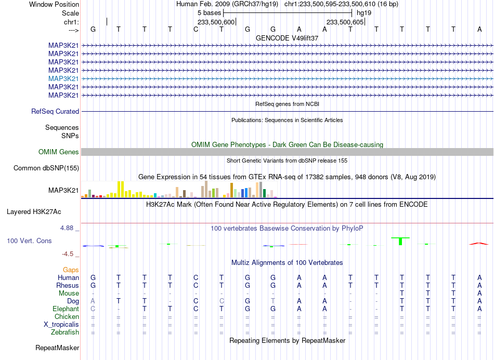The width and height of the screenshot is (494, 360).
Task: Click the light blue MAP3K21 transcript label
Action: [x=63, y=78]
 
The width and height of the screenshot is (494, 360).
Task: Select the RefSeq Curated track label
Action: [x=55, y=111]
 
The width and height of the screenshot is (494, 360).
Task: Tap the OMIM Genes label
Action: [x=59, y=152]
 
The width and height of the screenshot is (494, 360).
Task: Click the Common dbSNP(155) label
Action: [x=46, y=168]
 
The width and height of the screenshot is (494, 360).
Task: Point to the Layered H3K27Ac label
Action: [x=34, y=212]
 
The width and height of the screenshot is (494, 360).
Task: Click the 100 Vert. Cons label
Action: [x=29, y=241]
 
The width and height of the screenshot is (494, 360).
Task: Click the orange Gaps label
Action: [x=71, y=270]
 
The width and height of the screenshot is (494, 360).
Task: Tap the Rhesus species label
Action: [x=68, y=285]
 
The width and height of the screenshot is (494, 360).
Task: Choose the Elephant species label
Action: [x=66, y=309]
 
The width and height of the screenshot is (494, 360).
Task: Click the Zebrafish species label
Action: [x=65, y=332]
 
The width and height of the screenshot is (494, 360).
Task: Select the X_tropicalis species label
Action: [x=61, y=325]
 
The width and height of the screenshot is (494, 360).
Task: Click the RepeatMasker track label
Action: [x=57, y=348]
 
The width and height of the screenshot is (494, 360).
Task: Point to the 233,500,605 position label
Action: [x=345, y=22]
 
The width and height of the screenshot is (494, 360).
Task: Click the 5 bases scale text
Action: [x=209, y=13]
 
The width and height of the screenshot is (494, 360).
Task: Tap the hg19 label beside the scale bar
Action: [x=364, y=13]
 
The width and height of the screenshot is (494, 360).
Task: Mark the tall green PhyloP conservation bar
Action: [x=400, y=241]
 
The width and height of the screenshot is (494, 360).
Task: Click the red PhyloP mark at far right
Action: [x=479, y=243]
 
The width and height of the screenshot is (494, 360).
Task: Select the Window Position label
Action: [x=54, y=4]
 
